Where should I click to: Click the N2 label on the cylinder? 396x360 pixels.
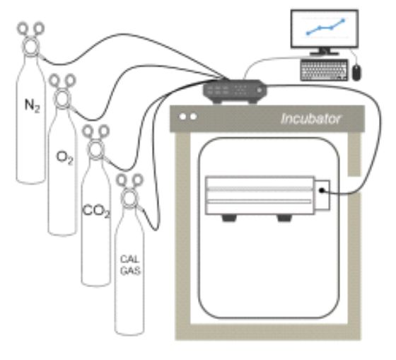[x=32, y=105]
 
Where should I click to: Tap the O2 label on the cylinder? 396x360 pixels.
[x=64, y=158]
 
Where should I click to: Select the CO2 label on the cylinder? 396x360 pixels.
[x=96, y=211]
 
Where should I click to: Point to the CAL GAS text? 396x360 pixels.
[x=130, y=265]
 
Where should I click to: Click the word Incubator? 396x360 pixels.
[x=310, y=119]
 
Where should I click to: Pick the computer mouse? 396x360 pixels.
[x=356, y=73]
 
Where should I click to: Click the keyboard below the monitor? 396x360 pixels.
[x=324, y=70]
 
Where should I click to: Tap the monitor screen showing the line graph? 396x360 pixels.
[x=325, y=28]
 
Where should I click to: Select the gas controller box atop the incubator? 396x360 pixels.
[x=235, y=91]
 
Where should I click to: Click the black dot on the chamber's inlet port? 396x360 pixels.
[x=322, y=190]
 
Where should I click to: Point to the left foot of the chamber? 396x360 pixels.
[x=229, y=218]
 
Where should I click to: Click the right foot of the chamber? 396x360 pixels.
[x=284, y=218]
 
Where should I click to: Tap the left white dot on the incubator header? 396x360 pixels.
[x=182, y=117]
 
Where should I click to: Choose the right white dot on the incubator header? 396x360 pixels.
[x=194, y=117]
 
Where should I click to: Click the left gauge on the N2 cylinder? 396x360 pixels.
[x=23, y=28]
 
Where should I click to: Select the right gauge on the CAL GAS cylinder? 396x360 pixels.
[x=138, y=180]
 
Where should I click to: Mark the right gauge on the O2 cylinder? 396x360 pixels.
[x=71, y=80]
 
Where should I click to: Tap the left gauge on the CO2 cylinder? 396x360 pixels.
[x=88, y=131]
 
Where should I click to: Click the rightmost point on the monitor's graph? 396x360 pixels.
[x=343, y=21]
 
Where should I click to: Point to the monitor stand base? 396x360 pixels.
[x=325, y=53]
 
